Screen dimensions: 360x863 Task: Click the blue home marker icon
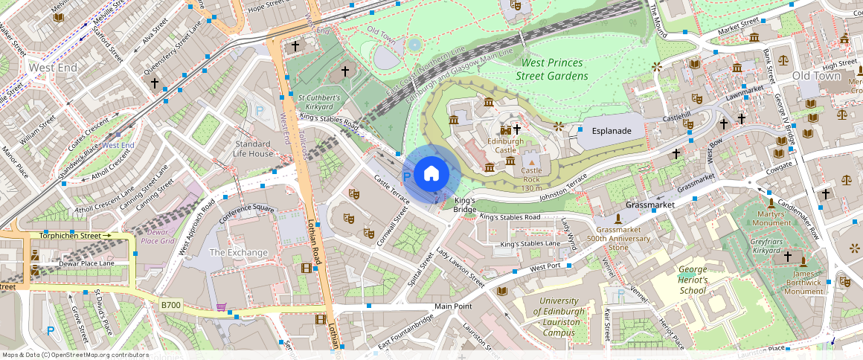point(431,175)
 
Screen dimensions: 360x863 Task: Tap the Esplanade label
point(611,131)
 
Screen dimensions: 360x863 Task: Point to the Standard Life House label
point(253,148)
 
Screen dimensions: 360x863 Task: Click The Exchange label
point(238,252)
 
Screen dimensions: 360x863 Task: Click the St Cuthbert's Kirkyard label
point(319,102)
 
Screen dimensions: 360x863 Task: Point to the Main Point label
point(453,306)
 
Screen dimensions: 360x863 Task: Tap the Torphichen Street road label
point(70,236)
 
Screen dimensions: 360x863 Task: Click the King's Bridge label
point(464,205)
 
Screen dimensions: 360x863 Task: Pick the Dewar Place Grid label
point(157,236)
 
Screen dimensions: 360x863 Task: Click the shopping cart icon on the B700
point(221,306)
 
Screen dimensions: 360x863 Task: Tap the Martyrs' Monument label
point(771,218)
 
